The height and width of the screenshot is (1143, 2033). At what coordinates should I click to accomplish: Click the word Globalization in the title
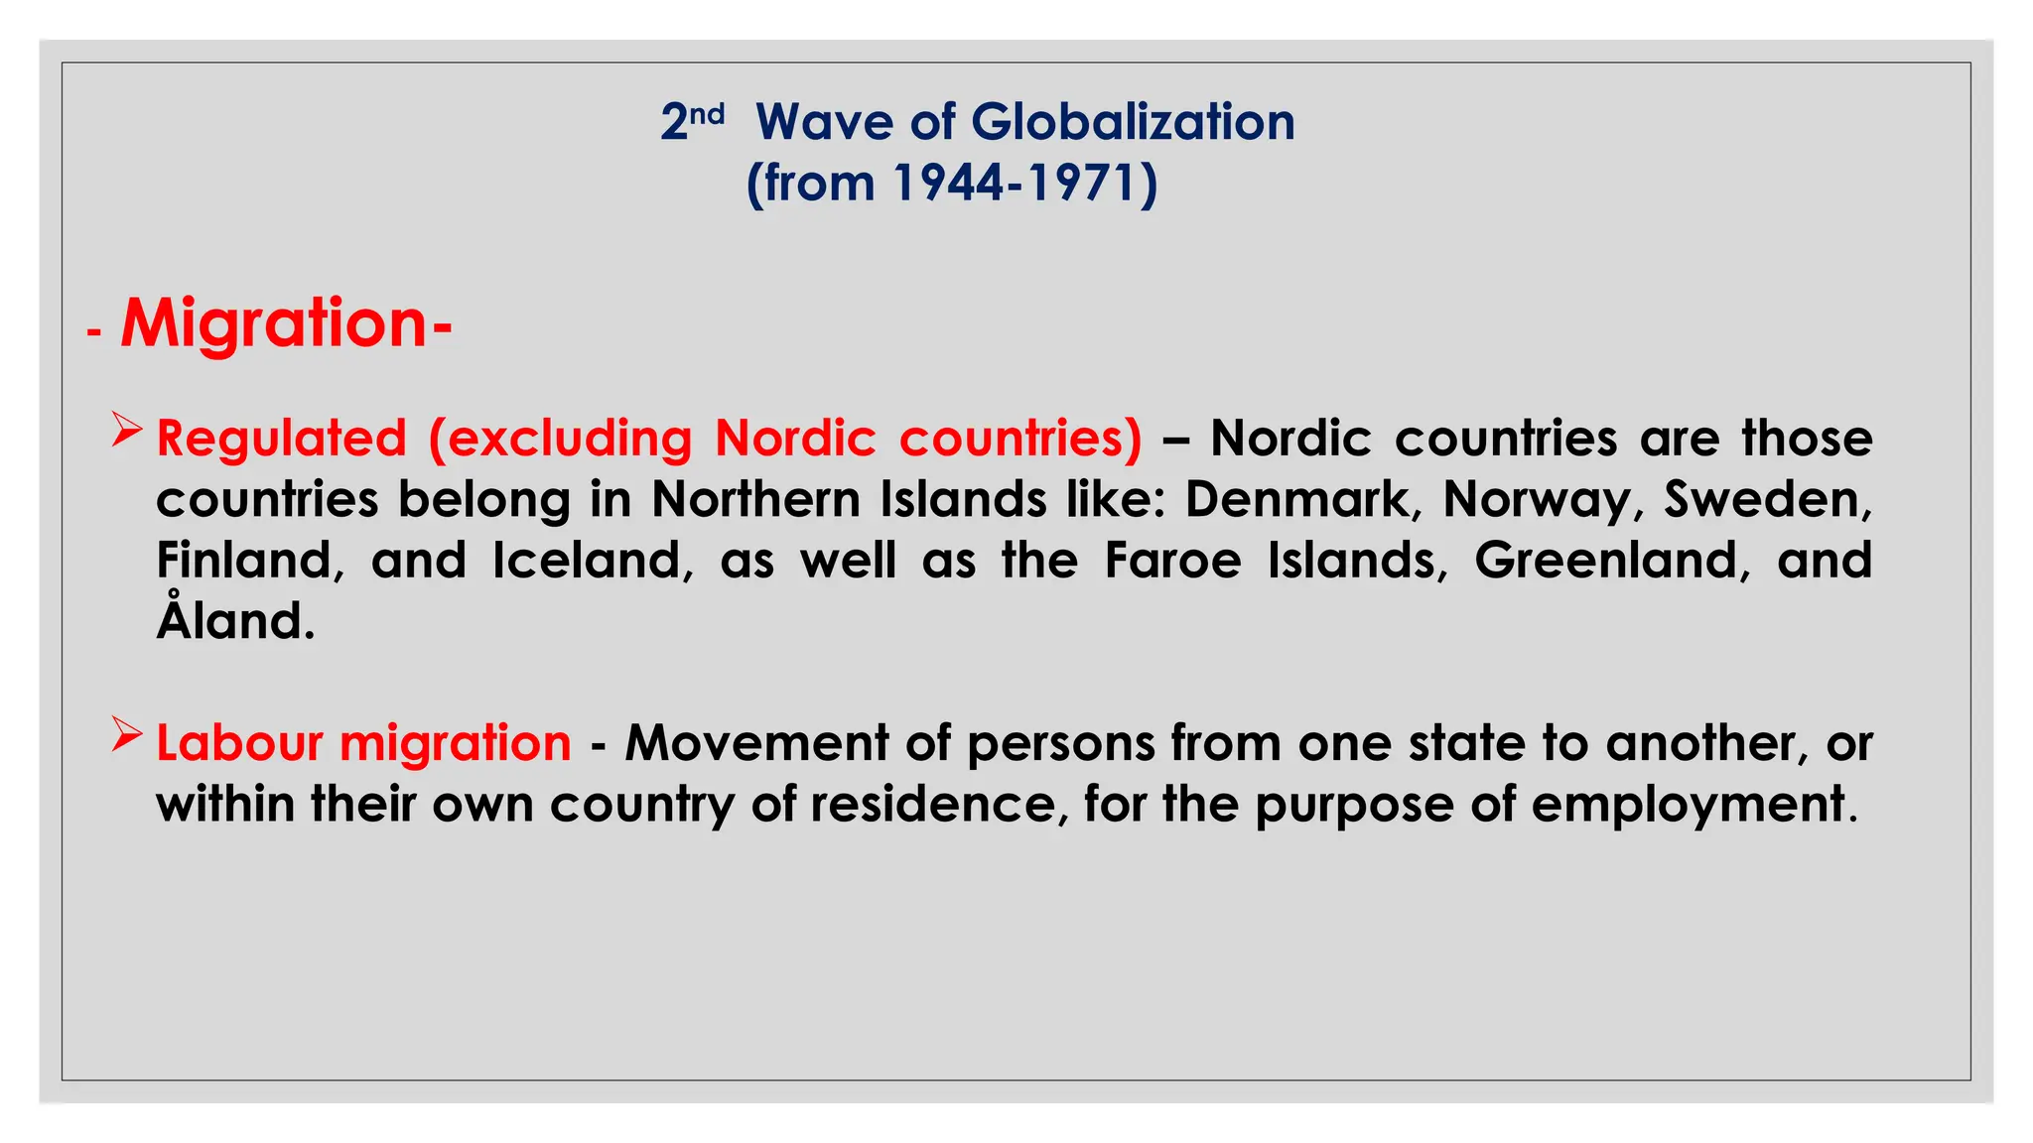(1133, 123)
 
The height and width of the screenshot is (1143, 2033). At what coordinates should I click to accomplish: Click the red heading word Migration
(274, 323)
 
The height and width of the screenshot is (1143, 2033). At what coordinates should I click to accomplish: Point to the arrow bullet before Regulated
(127, 430)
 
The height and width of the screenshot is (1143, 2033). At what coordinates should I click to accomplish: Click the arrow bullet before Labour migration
(127, 734)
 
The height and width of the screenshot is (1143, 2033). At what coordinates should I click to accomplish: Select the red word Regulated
(281, 439)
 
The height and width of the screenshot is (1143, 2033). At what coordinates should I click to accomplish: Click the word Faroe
(1172, 561)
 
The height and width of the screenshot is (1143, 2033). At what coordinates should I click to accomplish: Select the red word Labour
(238, 743)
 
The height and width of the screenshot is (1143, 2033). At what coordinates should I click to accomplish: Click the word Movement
(756, 743)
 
